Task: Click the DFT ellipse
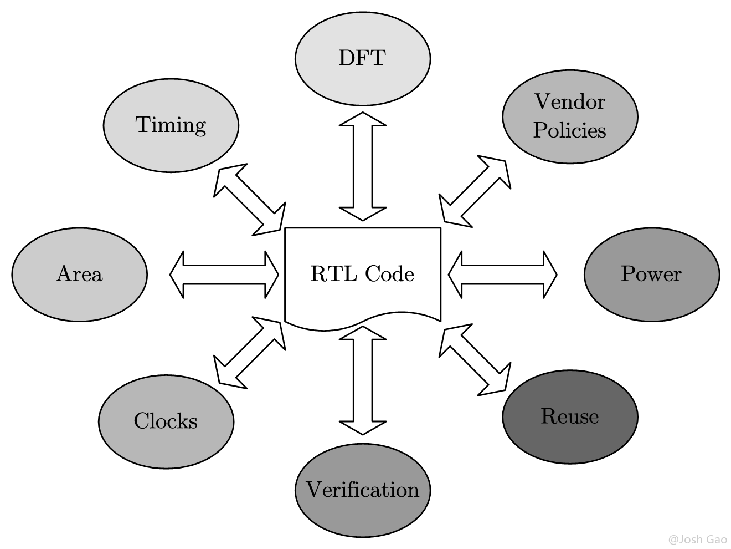pyautogui.click(x=362, y=58)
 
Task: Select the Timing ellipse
pyautogui.click(x=171, y=125)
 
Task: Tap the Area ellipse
pyautogui.click(x=79, y=274)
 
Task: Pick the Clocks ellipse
pyautogui.click(x=166, y=421)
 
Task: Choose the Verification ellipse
pyautogui.click(x=362, y=490)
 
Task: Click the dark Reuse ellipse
pyautogui.click(x=569, y=416)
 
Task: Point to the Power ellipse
pyautogui.click(x=651, y=274)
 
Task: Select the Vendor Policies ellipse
pyautogui.click(x=569, y=116)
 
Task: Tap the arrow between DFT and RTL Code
pyautogui.click(x=362, y=166)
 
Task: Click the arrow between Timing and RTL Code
pyautogui.click(x=250, y=200)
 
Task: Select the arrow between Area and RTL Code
pyautogui.click(x=224, y=274)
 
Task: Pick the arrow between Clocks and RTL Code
pyautogui.click(x=250, y=353)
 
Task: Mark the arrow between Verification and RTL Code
pyautogui.click(x=362, y=380)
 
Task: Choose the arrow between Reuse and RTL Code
pyautogui.click(x=475, y=361)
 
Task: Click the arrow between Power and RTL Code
pyautogui.click(x=502, y=274)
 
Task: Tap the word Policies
pyautogui.click(x=569, y=131)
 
